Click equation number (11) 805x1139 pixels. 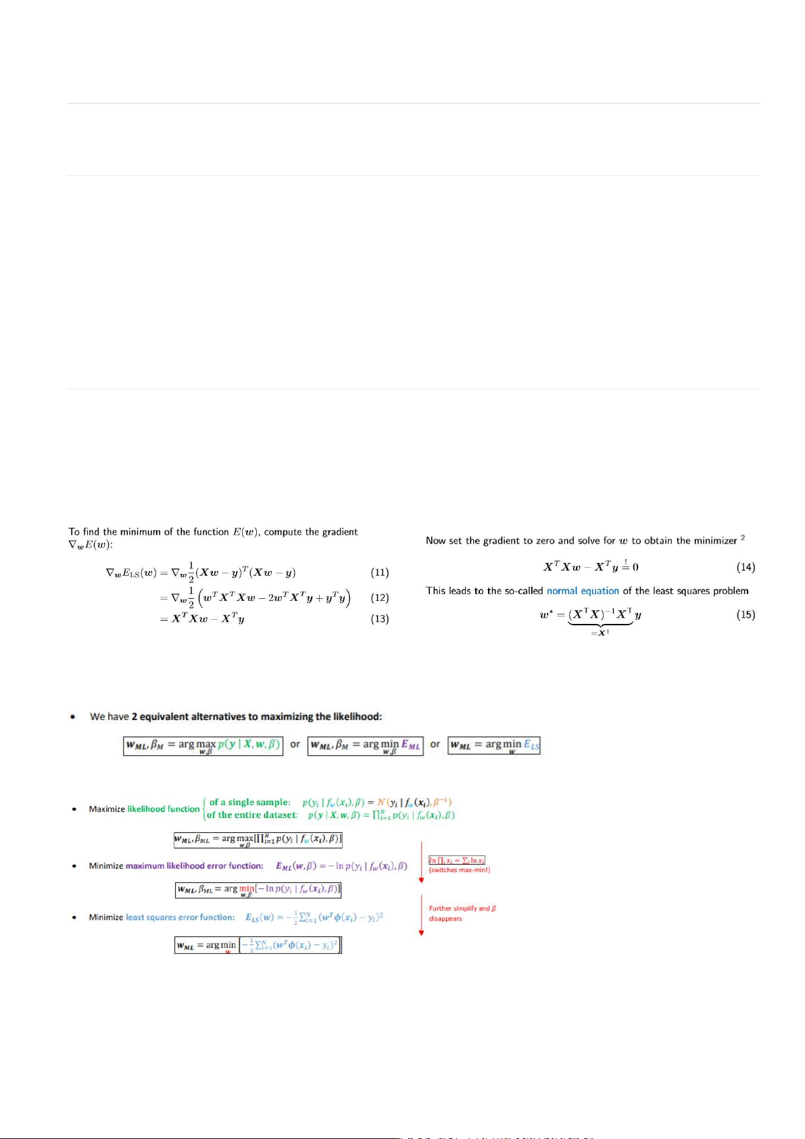tap(380, 573)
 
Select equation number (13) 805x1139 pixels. tap(380, 619)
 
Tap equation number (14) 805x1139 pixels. tap(746, 567)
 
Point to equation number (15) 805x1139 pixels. tap(746, 614)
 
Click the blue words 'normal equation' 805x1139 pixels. tap(583, 591)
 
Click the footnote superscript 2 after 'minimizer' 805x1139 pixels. tap(743, 538)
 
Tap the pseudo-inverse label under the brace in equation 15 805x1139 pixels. tap(600, 633)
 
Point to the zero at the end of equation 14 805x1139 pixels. tap(635, 567)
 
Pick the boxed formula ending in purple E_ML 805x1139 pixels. tap(365, 746)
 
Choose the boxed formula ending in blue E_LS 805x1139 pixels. tap(494, 745)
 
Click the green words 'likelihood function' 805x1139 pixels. tap(164, 809)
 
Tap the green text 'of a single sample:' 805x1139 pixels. tap(249, 802)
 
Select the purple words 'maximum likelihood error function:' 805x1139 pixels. tap(194, 866)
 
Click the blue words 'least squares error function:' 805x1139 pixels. tap(180, 917)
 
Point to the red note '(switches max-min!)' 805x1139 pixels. tap(460, 870)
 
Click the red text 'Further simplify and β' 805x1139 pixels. tap(462, 908)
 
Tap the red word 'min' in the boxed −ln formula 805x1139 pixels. tap(247, 889)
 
